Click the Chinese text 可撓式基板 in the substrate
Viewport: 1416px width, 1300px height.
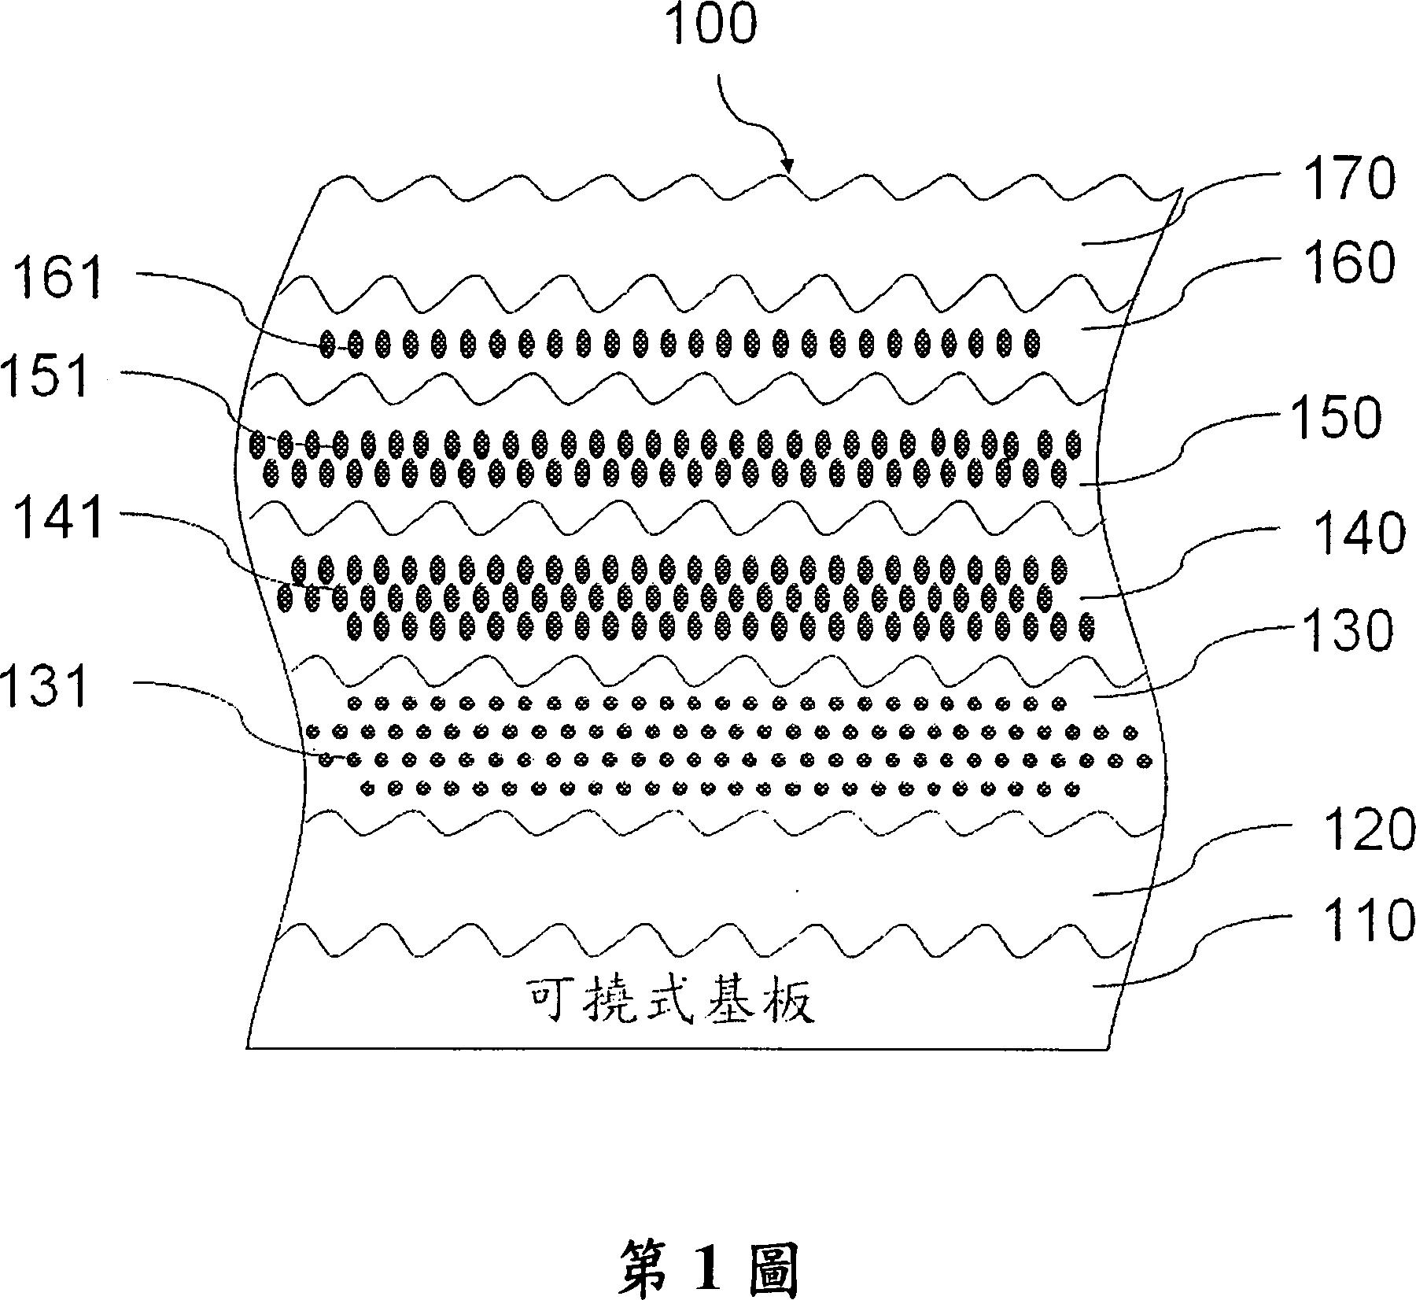[x=669, y=1002]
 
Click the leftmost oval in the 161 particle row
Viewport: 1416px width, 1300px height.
[x=328, y=343]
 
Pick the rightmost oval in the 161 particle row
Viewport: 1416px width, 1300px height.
[x=1033, y=343]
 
